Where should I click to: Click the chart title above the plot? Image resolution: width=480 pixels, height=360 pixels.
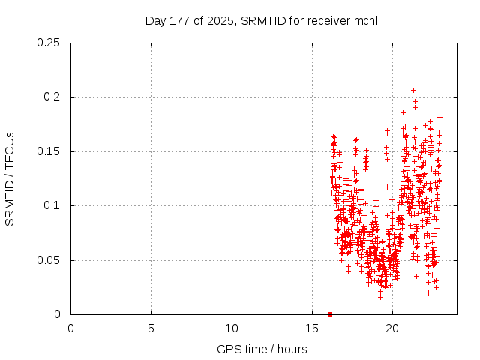261,20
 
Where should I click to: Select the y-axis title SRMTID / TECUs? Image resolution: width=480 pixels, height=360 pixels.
10,178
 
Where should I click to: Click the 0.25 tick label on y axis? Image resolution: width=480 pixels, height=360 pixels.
49,43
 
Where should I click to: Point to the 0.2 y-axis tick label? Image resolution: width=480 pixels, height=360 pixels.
52,97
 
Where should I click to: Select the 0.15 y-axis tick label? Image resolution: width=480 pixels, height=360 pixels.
49,151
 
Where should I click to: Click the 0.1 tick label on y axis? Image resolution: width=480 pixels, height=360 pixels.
52,206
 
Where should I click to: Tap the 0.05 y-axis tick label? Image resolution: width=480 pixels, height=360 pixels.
49,260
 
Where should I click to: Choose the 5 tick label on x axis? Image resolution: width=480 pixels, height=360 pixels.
151,328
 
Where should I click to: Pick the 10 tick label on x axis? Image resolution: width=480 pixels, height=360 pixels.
232,328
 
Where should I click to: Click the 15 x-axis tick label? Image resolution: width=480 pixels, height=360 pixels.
312,328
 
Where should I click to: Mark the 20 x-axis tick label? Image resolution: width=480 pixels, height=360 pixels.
392,328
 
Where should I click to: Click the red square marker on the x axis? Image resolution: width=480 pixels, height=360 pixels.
330,314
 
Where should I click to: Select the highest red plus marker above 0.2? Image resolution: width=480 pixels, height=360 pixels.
413,90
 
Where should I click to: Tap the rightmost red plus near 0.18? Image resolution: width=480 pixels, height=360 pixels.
439,117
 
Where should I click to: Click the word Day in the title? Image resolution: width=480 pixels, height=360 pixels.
155,20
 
